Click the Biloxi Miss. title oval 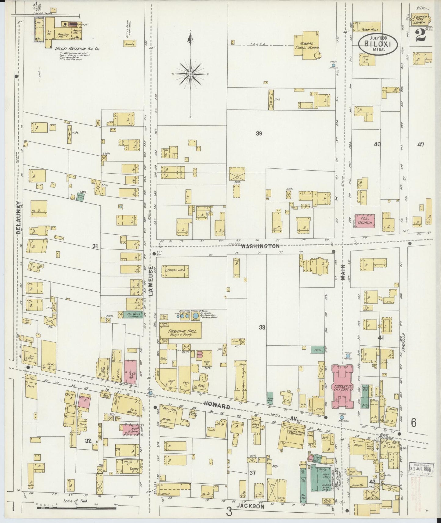click(378, 44)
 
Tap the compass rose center click(190, 74)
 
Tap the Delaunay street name click(19, 218)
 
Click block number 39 click(259, 133)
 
